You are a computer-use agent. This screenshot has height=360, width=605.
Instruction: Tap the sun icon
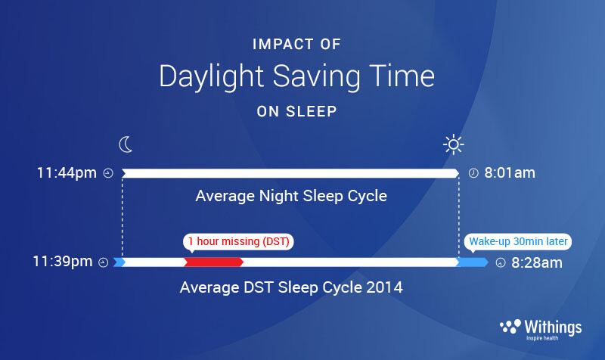453,144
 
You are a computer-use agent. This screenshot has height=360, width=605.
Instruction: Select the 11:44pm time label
67,173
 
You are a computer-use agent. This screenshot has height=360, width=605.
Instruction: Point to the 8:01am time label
510,173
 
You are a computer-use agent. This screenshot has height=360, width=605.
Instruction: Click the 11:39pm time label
63,262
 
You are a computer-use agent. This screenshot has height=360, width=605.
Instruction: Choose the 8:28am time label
537,262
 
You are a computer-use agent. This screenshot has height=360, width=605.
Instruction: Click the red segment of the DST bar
213,262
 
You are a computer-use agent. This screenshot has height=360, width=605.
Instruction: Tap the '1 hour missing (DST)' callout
238,242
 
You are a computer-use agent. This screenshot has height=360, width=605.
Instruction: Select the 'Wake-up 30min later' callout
518,242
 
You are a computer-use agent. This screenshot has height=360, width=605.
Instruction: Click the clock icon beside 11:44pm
108,173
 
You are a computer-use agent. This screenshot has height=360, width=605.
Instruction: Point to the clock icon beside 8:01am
473,173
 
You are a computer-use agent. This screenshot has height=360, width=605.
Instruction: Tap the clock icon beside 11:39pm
104,262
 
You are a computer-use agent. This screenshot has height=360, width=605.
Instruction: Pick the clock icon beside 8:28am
501,262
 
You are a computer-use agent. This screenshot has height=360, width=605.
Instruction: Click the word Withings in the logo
553,327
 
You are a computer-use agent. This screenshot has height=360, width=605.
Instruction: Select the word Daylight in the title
212,77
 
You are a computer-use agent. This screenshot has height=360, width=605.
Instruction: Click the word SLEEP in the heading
312,111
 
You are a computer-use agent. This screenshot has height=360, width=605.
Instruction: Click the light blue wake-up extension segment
472,262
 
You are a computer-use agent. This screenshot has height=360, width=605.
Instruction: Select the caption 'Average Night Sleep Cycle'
291,196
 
